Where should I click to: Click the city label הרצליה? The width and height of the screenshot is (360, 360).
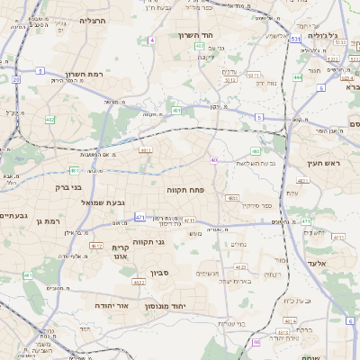pyautogui.click(x=93, y=20)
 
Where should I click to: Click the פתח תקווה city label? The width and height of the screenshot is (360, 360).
pyautogui.click(x=186, y=191)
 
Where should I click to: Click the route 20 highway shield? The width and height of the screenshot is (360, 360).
pyautogui.click(x=15, y=79)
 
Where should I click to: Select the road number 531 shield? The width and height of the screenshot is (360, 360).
pyautogui.click(x=295, y=39)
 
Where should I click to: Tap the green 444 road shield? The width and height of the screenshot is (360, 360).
pyautogui.click(x=297, y=77)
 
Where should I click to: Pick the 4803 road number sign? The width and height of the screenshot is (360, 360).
pyautogui.click(x=232, y=197)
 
